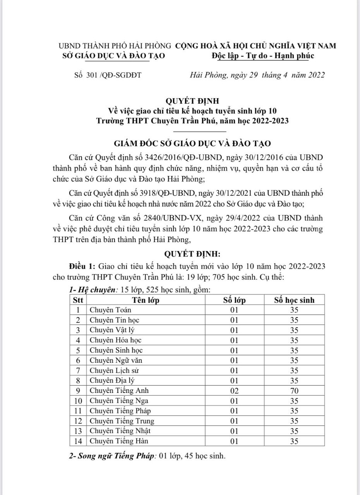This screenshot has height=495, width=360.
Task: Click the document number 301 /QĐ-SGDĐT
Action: coord(107,75)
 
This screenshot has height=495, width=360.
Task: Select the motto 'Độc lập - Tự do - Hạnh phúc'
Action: coord(263,56)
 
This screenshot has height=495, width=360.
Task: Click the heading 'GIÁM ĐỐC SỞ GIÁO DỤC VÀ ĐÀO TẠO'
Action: coord(192,143)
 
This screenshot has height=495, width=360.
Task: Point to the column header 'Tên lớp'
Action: coord(146,300)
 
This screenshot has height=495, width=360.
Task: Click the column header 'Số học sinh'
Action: coord(294,300)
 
